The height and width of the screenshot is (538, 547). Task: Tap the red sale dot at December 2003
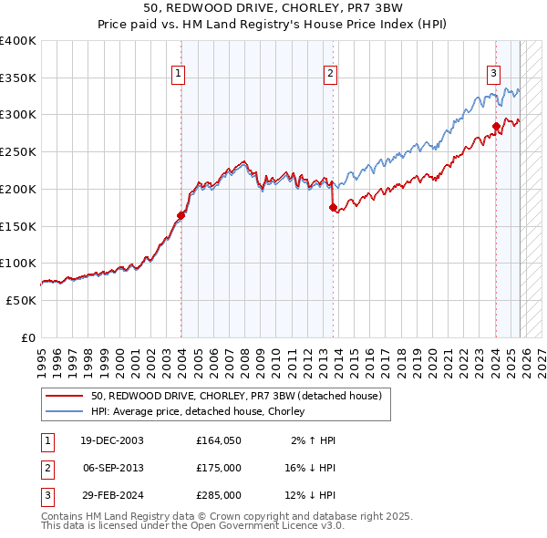(x=181, y=215)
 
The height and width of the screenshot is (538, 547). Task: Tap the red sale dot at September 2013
(x=333, y=207)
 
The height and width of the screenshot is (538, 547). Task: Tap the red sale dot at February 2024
(x=496, y=126)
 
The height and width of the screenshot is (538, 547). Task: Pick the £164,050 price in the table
(x=218, y=440)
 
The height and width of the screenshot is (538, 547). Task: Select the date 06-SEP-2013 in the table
(x=113, y=468)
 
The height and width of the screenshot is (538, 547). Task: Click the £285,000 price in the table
(x=218, y=495)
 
